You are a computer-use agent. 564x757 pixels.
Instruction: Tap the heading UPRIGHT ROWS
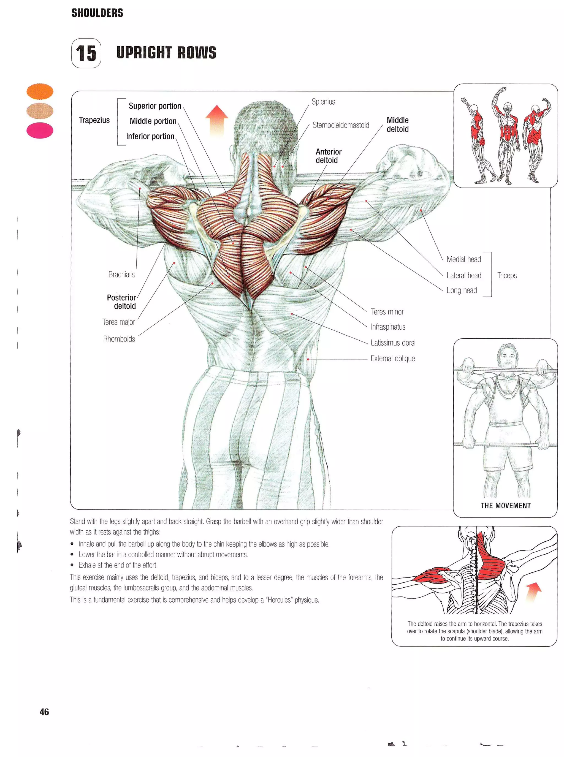[x=166, y=53]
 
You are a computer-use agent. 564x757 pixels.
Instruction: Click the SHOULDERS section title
[x=97, y=13]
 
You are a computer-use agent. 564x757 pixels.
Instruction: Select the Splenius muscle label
[x=323, y=102]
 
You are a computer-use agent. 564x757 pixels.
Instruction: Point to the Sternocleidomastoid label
[x=340, y=125]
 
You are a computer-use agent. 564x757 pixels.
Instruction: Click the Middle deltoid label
[x=397, y=124]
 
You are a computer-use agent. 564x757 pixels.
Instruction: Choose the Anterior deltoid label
[x=328, y=156]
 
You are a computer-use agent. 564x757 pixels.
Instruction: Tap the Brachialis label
[x=121, y=274]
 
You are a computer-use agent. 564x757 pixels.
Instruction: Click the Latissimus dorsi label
[x=393, y=343]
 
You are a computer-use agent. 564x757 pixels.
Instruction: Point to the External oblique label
[x=393, y=358]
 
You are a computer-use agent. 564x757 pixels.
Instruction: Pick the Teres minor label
[x=387, y=312]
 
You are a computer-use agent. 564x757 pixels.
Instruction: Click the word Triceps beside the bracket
[x=507, y=275]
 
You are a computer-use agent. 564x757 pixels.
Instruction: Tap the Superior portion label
[x=155, y=106]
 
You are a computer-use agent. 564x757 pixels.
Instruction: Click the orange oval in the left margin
[x=40, y=91]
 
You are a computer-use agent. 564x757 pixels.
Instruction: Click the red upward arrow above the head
[x=216, y=120]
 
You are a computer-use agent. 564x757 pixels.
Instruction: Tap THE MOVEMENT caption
[x=505, y=506]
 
